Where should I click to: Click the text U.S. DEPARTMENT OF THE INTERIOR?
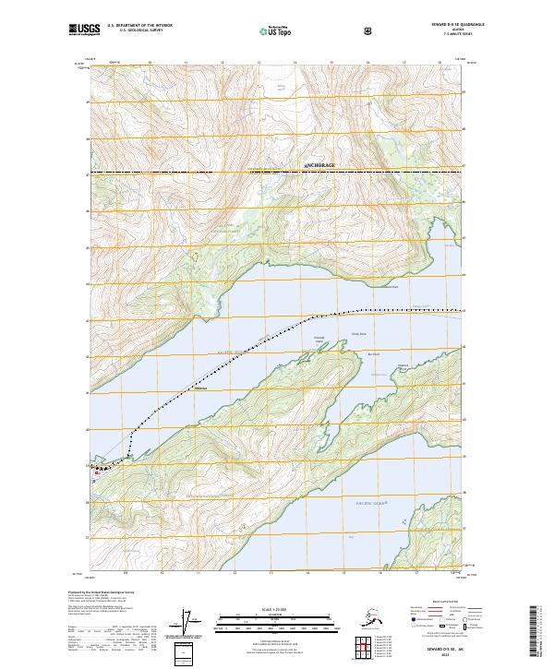(139, 27)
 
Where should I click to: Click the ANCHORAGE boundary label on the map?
(319, 165)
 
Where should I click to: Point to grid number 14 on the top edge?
(295, 63)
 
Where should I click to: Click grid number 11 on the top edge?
(186, 63)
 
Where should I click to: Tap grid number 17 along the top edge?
(403, 63)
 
